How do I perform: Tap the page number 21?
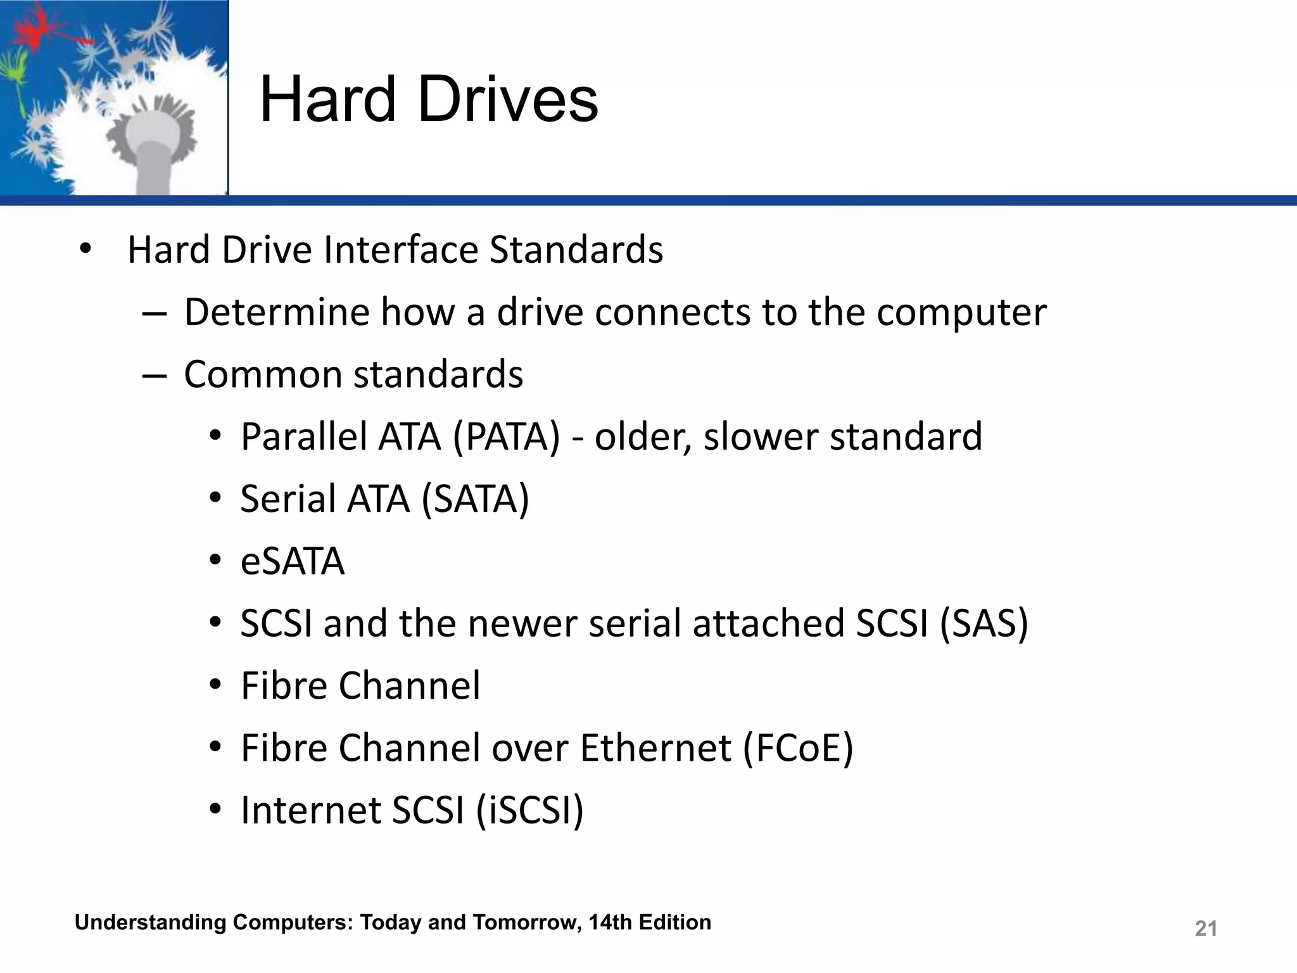[1205, 929]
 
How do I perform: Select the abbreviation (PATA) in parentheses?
[507, 437]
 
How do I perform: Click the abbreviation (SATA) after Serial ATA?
[475, 499]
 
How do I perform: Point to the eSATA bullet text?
[293, 561]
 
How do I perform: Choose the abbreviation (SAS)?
[984, 623]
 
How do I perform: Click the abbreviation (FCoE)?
[798, 748]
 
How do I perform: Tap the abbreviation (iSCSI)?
[529, 810]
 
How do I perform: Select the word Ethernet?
[655, 748]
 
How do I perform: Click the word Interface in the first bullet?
[400, 250]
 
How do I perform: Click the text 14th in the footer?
[610, 922]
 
